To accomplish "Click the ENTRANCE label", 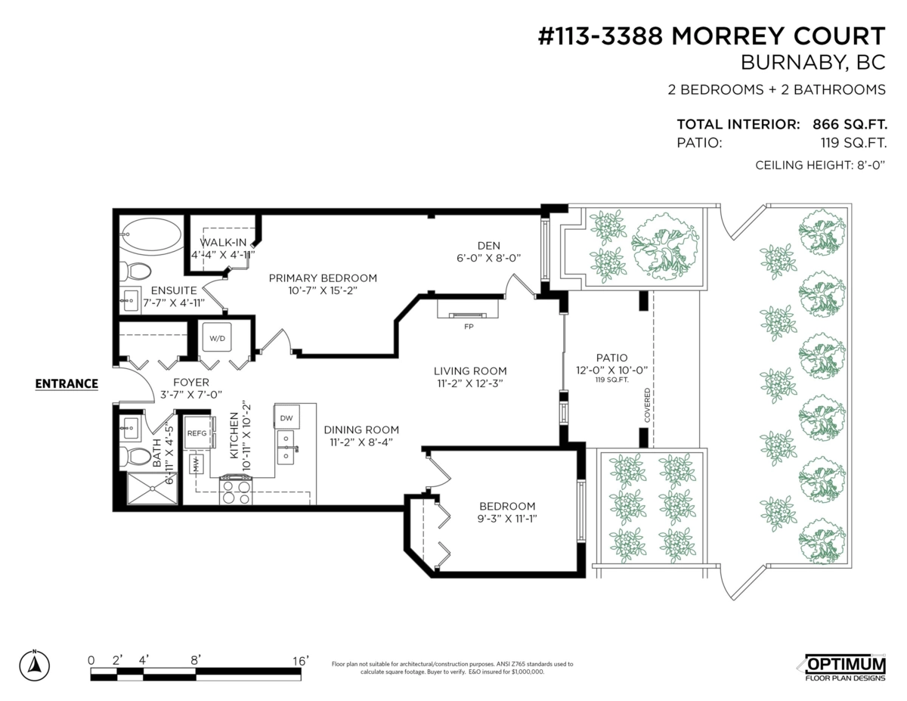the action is (x=67, y=383).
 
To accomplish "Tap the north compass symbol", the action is (x=34, y=665).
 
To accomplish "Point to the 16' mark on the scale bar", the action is (x=301, y=661).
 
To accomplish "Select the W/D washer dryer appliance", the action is (x=217, y=338).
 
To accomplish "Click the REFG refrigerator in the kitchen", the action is (x=197, y=433).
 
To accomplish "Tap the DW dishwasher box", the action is (x=286, y=417).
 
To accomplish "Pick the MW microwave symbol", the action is (x=196, y=464).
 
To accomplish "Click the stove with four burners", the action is (x=236, y=490).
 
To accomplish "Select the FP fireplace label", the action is (x=469, y=327).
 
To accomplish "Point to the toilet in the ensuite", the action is (x=135, y=271).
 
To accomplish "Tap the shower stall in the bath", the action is (x=152, y=488).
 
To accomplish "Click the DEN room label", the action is (x=489, y=246).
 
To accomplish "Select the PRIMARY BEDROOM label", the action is (x=323, y=278).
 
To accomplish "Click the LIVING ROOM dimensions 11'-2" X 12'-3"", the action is (x=470, y=383).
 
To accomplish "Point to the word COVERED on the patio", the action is (x=647, y=405).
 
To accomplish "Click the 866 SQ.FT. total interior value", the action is (x=850, y=125).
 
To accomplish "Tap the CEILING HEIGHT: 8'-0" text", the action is (x=820, y=166).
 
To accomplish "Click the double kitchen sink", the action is (x=286, y=447).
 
